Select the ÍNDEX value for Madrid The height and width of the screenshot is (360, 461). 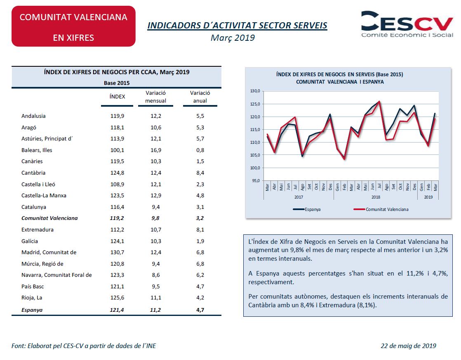coord(117,252)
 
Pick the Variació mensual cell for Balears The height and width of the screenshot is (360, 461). coord(155,150)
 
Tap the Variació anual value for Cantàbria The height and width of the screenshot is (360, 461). coord(200,173)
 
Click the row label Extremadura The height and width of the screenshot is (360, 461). coord(38,230)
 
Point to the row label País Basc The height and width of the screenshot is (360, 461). coord(33,287)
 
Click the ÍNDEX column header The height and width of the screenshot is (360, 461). coord(117,97)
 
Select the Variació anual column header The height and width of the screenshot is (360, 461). coord(200,97)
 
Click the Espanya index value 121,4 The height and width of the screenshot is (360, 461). coord(117,309)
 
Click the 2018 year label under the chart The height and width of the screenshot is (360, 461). coord(376,197)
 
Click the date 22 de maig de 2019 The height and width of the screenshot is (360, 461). coord(408,346)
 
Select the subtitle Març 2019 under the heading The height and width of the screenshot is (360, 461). coord(233,38)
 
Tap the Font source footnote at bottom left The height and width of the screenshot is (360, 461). coord(84,346)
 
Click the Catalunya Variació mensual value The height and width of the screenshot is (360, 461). coord(155,207)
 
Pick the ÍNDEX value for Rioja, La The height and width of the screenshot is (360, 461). coord(117,298)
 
